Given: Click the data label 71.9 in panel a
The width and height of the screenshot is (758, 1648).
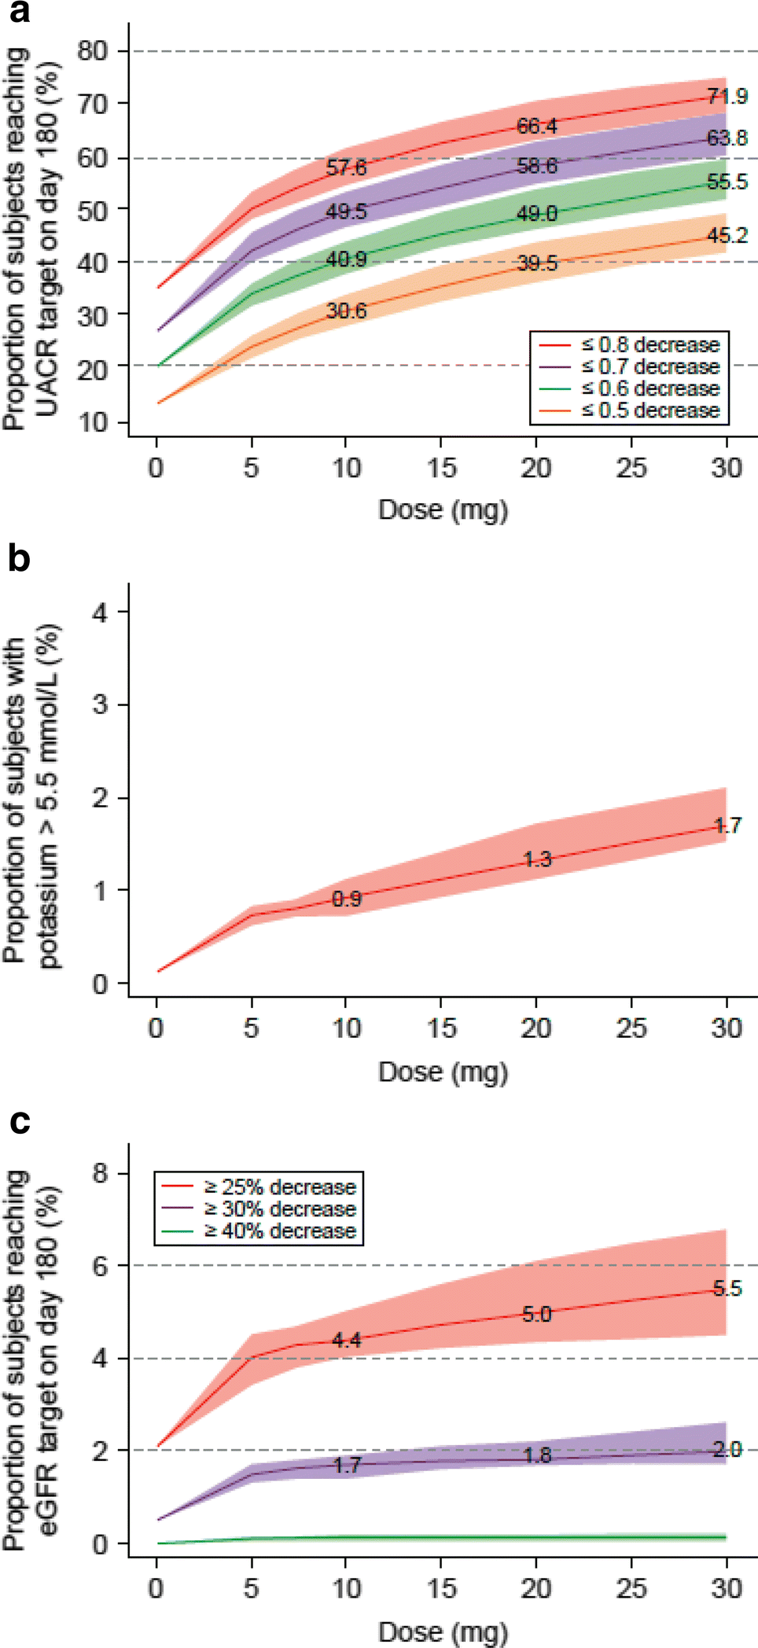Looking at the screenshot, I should click(x=727, y=97).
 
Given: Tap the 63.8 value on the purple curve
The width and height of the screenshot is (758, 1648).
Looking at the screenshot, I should click(x=727, y=138).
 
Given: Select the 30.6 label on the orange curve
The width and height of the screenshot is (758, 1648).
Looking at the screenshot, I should click(x=346, y=311).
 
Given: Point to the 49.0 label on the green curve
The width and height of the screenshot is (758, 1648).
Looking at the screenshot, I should click(x=536, y=214).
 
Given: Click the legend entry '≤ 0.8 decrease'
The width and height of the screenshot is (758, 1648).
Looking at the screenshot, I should click(x=649, y=345).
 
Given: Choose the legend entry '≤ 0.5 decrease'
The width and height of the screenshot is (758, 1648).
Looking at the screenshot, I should click(x=649, y=410).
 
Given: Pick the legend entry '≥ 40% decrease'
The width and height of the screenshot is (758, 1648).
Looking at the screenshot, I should click(x=279, y=1230).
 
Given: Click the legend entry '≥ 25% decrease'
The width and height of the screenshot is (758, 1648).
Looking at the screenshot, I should click(x=279, y=1186).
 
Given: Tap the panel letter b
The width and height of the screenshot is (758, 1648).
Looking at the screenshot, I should click(x=19, y=558).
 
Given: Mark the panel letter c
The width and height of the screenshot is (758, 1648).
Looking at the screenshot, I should click(x=19, y=1120).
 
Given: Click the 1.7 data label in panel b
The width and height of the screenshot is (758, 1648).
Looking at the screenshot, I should click(x=727, y=826).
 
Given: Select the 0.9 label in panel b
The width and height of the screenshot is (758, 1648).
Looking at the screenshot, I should click(x=346, y=899).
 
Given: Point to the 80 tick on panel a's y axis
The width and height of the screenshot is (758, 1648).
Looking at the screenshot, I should click(x=92, y=51).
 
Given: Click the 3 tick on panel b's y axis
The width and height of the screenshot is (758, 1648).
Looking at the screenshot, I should click(x=100, y=704).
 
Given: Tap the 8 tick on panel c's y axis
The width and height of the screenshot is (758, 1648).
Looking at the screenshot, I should click(x=100, y=1173).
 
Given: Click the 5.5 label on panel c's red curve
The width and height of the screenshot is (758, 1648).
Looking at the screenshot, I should click(x=727, y=1288).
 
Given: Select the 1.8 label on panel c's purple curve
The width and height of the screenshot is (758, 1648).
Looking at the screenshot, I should click(x=536, y=1455).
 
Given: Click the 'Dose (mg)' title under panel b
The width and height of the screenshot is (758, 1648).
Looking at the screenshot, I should click(x=443, y=1072).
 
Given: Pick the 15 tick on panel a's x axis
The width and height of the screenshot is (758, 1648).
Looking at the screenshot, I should click(x=441, y=468).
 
